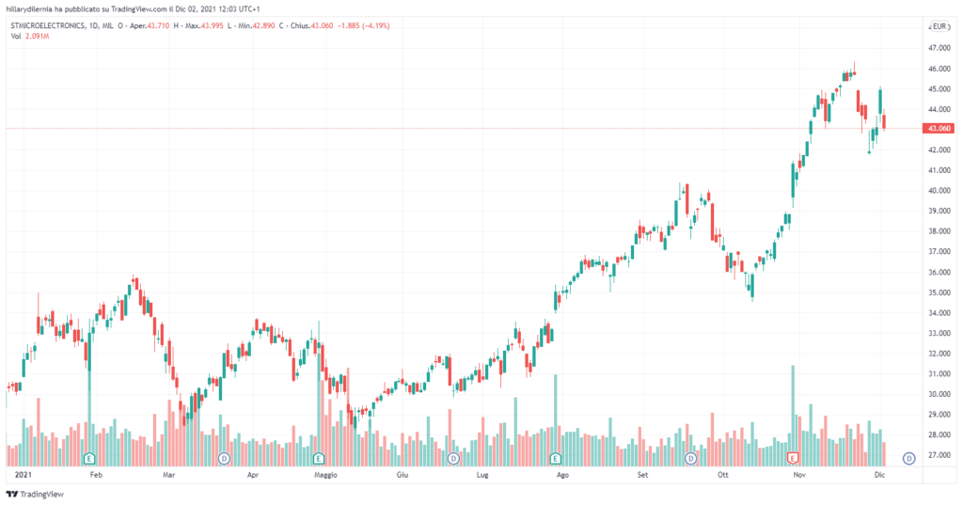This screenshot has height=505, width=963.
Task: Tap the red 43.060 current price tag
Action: [x=938, y=129]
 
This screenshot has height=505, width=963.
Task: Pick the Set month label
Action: [x=643, y=476]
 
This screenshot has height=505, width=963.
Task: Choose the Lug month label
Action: [x=482, y=476]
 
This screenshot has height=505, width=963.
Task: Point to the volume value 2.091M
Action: [x=38, y=36]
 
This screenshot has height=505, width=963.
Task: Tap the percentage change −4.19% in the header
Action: [x=375, y=25]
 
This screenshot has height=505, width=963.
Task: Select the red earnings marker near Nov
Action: [x=793, y=458]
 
